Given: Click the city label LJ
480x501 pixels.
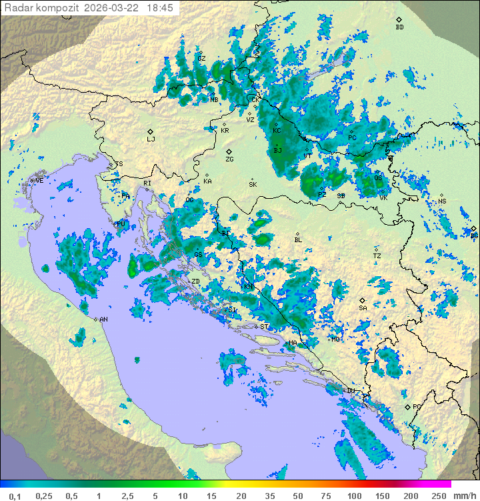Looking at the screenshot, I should (x=151, y=139).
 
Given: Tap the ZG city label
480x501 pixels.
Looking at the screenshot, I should (x=229, y=159).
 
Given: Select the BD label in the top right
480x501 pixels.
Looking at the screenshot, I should (x=399, y=27).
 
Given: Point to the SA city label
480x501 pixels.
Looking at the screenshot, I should (x=363, y=308).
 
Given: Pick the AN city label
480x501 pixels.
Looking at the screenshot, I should (x=103, y=320).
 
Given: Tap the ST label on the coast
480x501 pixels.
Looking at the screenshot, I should (x=264, y=326).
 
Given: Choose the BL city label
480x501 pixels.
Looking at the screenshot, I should (x=298, y=240).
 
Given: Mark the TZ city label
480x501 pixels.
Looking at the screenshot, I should (x=377, y=256).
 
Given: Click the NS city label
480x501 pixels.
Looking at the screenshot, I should (x=442, y=201).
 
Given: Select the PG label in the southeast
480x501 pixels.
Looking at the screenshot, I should (x=417, y=406).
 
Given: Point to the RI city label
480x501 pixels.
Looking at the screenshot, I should (x=147, y=183).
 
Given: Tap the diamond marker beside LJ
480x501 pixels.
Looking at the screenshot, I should (x=151, y=131).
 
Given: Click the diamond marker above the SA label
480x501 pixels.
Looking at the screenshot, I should (x=363, y=300).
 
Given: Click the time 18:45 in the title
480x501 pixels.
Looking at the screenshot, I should (x=161, y=8).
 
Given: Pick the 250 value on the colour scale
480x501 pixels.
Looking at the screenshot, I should (x=439, y=496).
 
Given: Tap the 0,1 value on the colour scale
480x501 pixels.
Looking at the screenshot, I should (x=15, y=496).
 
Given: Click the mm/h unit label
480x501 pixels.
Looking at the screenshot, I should (x=464, y=496).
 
